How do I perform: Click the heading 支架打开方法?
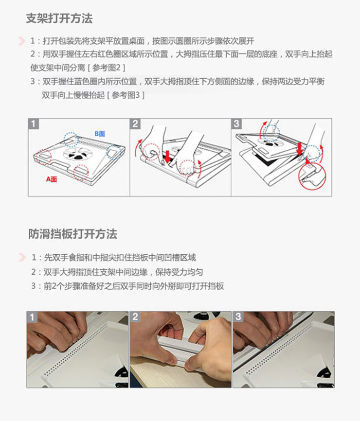[x=59, y=18]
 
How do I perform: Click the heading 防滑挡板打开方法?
[x=73, y=234]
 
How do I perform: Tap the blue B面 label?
[x=100, y=134]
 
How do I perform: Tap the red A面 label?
[x=51, y=179]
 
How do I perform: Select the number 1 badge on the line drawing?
[x=33, y=124]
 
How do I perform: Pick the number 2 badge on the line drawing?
[x=135, y=124]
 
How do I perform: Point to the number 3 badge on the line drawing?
[x=236, y=124]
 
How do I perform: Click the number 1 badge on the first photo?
[x=32, y=317]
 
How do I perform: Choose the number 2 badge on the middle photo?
[x=135, y=317]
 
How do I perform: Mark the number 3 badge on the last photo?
[x=238, y=317]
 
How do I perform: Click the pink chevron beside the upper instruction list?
[x=21, y=41]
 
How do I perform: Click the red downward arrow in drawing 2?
[x=167, y=157]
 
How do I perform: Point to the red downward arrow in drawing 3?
[x=300, y=149]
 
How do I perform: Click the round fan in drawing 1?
[x=78, y=154]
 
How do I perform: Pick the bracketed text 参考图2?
[x=107, y=68]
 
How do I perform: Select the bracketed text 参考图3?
[x=126, y=95]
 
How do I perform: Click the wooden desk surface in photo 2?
[x=150, y=373]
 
